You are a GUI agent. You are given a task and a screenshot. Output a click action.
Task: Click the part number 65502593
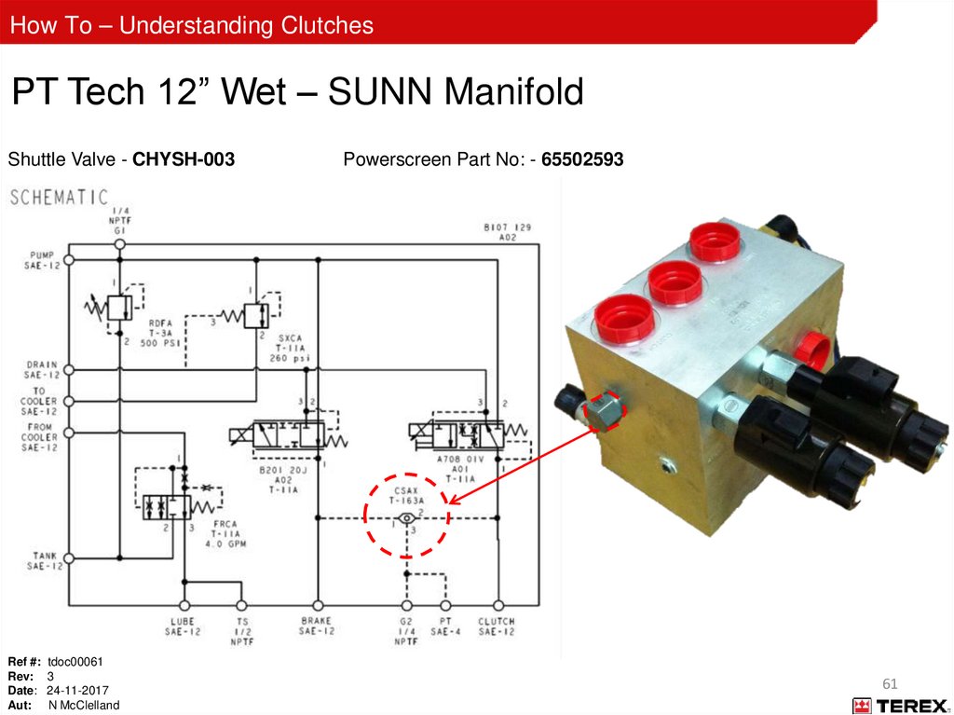582,160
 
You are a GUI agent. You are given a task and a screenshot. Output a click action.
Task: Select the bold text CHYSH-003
184,160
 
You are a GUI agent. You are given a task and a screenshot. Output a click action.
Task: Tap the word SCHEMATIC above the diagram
59,198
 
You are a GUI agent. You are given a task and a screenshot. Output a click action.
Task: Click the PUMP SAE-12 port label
42,260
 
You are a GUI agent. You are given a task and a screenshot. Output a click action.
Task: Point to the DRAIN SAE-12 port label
43,369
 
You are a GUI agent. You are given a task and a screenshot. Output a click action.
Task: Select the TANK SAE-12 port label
43,560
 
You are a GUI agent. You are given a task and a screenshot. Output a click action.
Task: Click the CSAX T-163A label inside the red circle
407,494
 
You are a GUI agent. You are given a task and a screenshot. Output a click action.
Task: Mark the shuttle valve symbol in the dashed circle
406,518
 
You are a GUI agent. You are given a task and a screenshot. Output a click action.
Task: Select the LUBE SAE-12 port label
184,626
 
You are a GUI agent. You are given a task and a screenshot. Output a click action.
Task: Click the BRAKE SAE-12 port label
317,626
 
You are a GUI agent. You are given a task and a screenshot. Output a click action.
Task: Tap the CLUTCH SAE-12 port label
497,626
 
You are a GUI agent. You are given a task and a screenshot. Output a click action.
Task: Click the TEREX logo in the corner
899,706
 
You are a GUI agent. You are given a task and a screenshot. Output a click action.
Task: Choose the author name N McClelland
84,706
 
